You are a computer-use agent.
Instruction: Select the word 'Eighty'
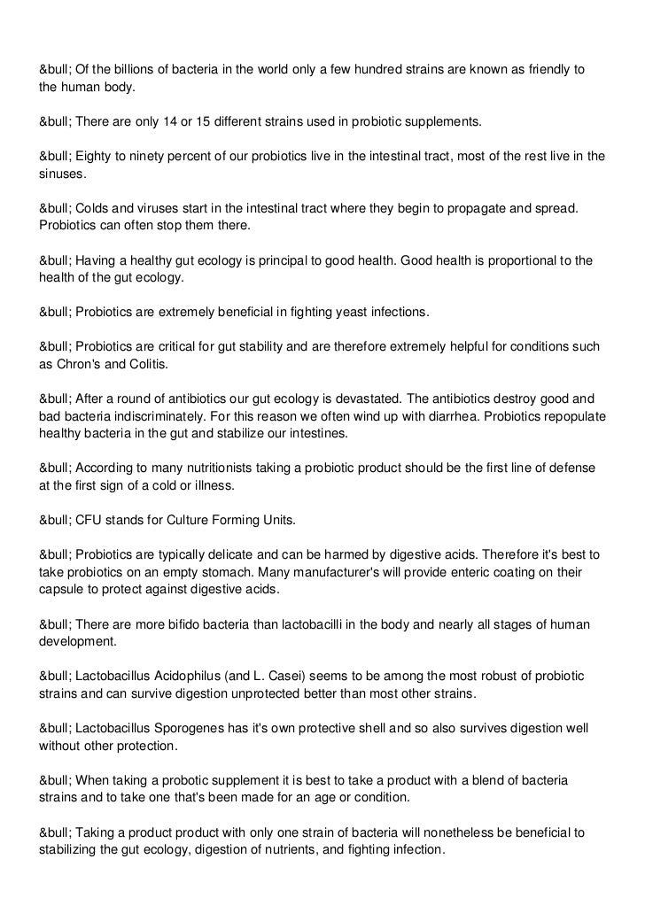point(94,157)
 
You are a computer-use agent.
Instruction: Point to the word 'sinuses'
point(62,174)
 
